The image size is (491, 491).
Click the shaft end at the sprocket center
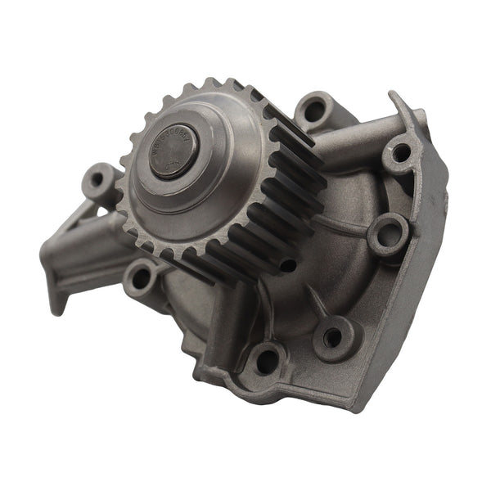click(173, 154)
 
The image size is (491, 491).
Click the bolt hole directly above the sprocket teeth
click(314, 109)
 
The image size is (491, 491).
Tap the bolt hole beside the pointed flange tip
click(400, 153)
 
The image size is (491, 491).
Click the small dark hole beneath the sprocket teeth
click(288, 264)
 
